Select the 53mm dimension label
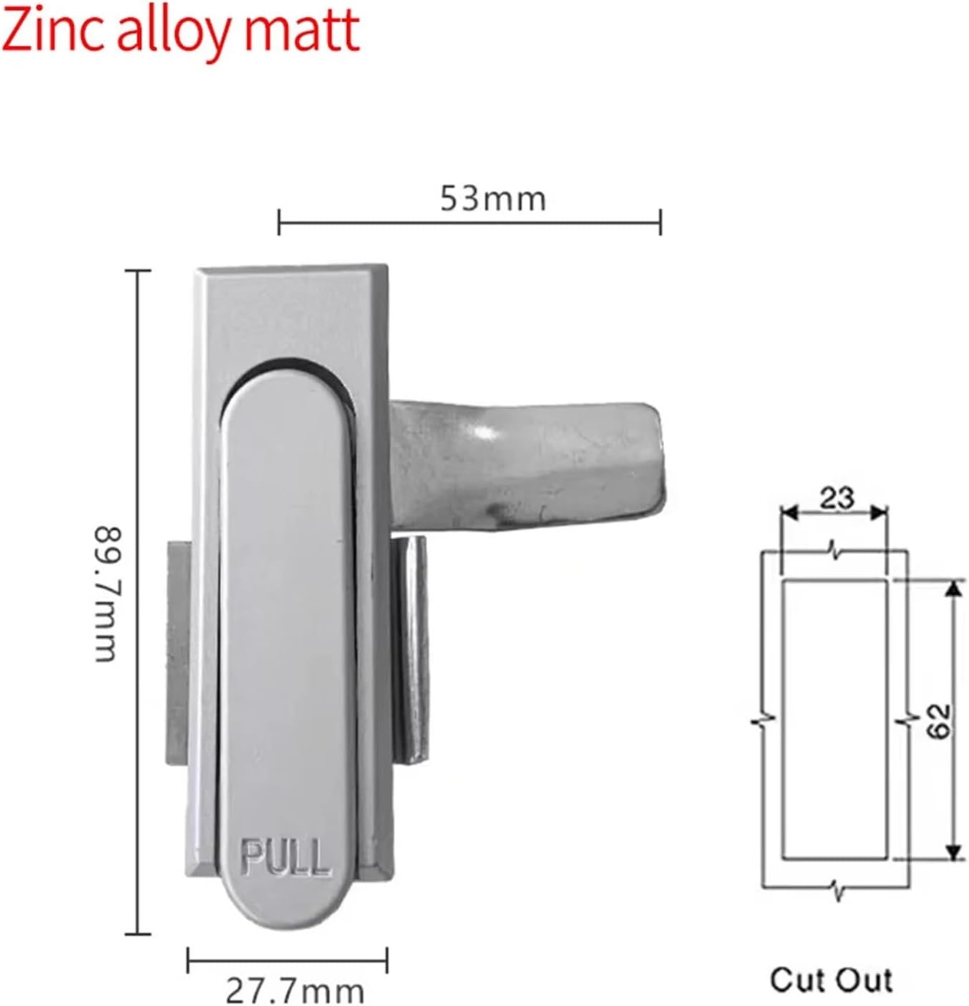coord(492,198)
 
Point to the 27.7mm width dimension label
coord(295,991)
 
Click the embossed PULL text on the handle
coord(286,856)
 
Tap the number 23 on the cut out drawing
coord(836,498)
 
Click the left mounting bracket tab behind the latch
coord(177,652)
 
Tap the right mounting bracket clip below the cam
coord(411,648)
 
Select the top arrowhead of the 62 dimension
coord(953,589)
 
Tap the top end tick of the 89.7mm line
coord(138,271)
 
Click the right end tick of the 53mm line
coord(660,223)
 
